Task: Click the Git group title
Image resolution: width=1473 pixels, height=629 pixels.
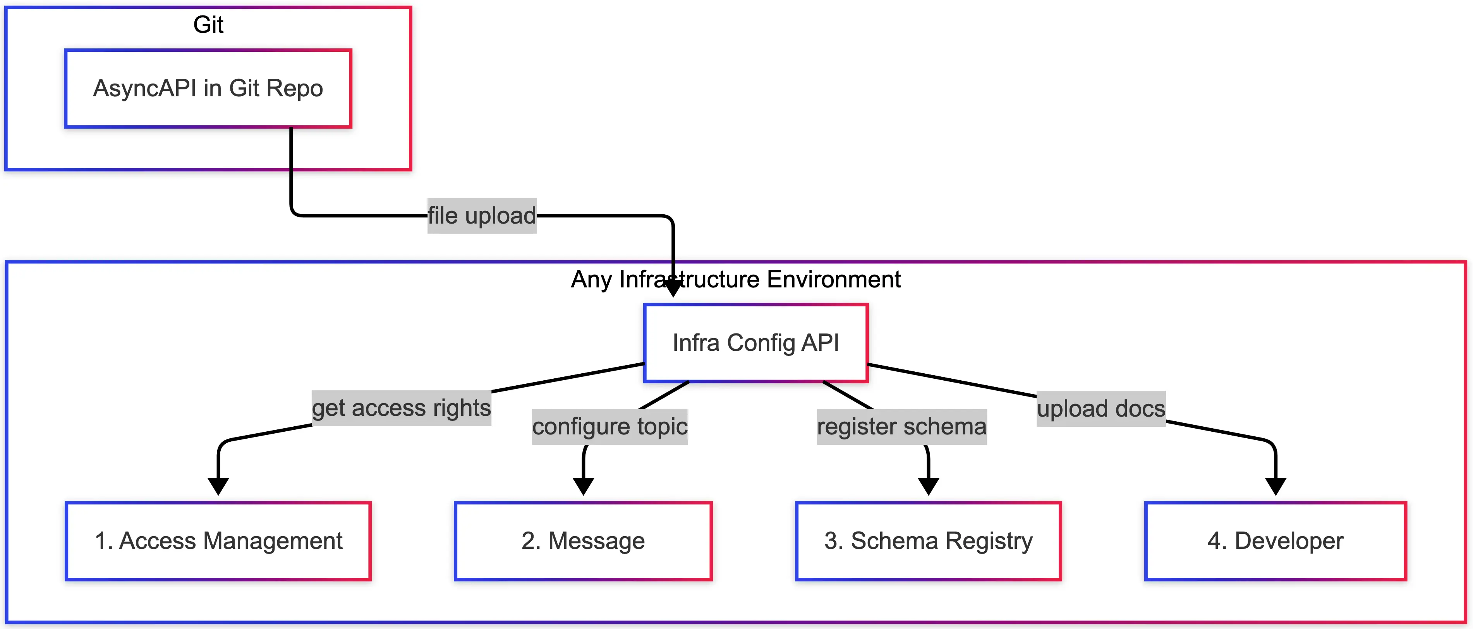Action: [x=208, y=25]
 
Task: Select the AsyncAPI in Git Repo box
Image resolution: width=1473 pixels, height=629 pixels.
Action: [x=208, y=89]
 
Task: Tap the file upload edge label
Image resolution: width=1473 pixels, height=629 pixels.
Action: [x=482, y=216]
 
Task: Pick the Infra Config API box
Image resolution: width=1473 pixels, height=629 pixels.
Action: [x=755, y=343]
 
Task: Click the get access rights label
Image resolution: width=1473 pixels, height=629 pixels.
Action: [x=401, y=408]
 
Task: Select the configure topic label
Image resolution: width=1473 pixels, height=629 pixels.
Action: [x=609, y=427]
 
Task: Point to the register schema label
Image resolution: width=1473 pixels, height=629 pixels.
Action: [x=902, y=427]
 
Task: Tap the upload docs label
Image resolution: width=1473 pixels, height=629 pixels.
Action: [x=1101, y=409]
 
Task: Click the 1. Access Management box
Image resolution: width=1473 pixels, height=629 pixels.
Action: [x=218, y=541]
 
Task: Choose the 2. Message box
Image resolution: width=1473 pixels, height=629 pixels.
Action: [x=583, y=541]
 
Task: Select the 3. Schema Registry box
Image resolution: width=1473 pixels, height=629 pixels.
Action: [x=928, y=541]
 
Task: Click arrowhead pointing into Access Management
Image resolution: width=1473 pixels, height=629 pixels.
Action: [x=218, y=486]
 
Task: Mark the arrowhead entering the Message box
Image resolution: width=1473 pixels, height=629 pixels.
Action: [x=583, y=486]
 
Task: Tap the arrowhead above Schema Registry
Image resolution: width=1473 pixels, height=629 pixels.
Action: [x=929, y=486]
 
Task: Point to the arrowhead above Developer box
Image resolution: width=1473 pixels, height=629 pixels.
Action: [x=1276, y=486]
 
